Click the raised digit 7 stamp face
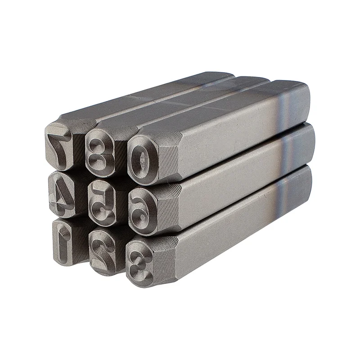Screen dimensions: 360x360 59,147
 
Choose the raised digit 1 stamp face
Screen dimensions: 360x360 63,242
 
